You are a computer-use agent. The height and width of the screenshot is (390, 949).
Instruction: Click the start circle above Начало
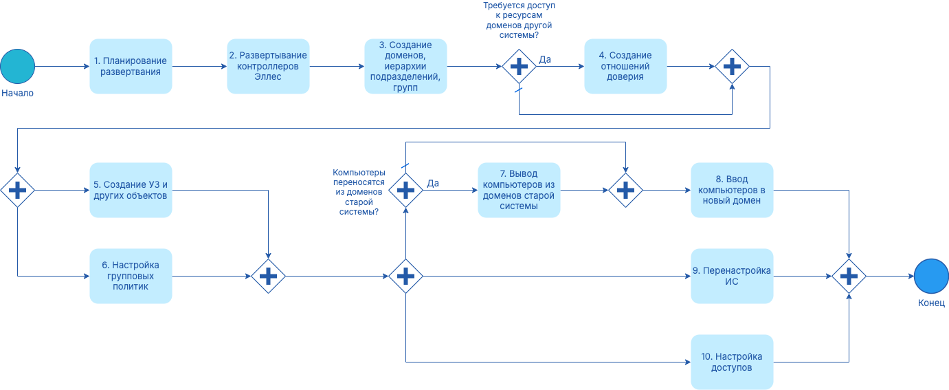(x=17, y=66)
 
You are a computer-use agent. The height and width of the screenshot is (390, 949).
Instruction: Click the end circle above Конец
(x=931, y=276)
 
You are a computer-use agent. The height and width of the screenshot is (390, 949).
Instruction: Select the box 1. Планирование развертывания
(x=131, y=66)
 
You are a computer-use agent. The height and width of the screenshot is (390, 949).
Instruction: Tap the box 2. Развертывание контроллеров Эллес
(x=268, y=66)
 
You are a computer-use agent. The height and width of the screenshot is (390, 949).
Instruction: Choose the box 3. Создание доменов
(x=405, y=66)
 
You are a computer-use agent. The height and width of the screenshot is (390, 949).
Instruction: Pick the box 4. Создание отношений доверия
(x=625, y=66)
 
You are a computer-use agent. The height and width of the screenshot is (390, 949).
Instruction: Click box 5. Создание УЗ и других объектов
(x=131, y=190)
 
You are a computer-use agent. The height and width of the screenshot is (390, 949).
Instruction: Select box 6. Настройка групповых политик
(x=131, y=276)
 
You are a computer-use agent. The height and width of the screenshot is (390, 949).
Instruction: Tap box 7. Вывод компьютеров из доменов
(x=519, y=190)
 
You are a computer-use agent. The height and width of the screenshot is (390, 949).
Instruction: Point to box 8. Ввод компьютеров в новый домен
(x=732, y=190)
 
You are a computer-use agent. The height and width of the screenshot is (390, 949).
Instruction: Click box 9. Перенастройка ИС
(x=732, y=276)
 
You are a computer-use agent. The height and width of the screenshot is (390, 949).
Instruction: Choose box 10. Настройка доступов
(x=732, y=362)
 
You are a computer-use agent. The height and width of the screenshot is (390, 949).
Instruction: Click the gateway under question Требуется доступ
(x=519, y=66)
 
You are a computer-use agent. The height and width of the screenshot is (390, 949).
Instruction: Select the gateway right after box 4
(x=732, y=66)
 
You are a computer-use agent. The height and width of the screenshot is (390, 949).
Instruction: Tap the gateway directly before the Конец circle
(x=849, y=276)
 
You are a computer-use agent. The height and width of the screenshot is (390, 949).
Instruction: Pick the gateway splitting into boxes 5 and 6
(x=17, y=190)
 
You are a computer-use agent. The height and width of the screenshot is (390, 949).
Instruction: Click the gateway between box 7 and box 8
(x=625, y=190)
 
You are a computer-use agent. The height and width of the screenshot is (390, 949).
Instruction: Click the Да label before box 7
(x=433, y=183)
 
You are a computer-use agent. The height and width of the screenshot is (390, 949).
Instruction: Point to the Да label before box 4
(x=544, y=60)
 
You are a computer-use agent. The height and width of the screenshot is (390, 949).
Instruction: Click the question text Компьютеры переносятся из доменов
(x=359, y=193)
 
